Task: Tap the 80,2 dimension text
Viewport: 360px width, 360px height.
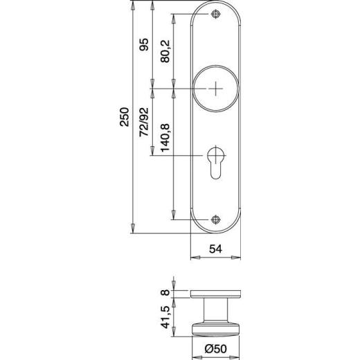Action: click(x=164, y=52)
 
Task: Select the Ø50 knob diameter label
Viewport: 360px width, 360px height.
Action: click(x=216, y=350)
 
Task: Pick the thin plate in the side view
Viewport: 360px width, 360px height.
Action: click(x=217, y=296)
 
